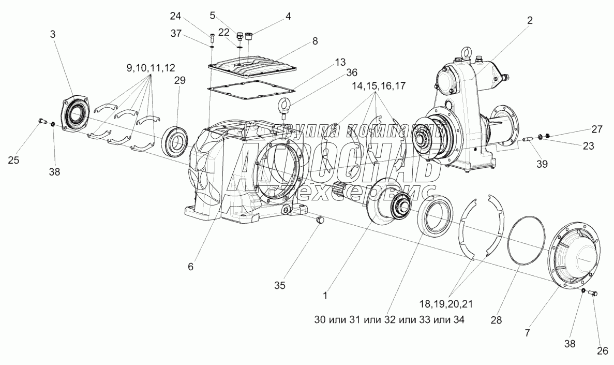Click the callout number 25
[14, 160]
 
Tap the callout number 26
[602, 351]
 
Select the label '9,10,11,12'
[151, 67]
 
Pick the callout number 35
[279, 285]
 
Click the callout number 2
[530, 20]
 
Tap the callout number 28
[496, 320]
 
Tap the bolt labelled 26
[593, 294]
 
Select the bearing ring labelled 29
[175, 140]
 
